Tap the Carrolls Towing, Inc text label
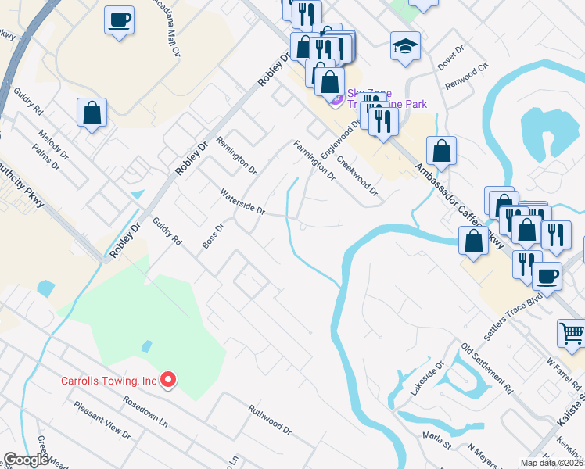point(109,381)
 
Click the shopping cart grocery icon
point(572,333)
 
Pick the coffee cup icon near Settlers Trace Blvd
point(547,275)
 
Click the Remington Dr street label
point(236,153)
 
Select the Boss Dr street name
point(213,237)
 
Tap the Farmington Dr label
point(314,160)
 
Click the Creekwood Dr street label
point(357,178)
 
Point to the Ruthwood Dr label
point(270,420)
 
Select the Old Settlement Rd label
point(486,369)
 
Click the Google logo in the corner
point(27,460)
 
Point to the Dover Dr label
point(451,52)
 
